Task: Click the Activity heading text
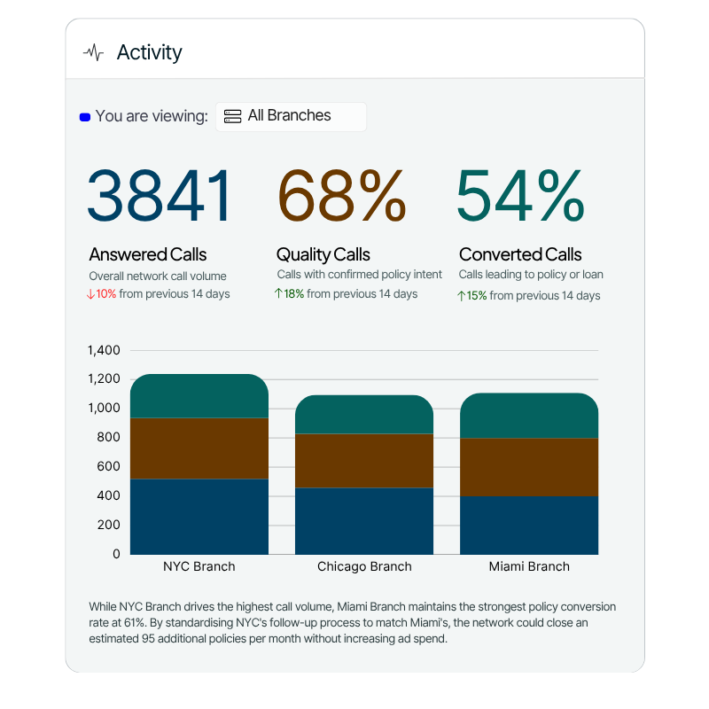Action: (149, 52)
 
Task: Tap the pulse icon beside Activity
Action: (93, 53)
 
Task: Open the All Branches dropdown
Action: (290, 116)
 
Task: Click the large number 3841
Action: (160, 196)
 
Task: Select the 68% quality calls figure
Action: (341, 196)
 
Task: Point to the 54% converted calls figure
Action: (520, 196)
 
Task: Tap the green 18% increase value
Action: (293, 294)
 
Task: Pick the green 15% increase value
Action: (476, 296)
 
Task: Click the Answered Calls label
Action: (148, 255)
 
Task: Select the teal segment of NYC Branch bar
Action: (199, 396)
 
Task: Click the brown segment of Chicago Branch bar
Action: (364, 461)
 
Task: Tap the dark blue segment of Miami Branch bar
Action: (529, 525)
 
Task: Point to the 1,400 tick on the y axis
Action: (104, 350)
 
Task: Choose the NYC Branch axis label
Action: (199, 566)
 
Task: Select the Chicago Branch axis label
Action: (364, 566)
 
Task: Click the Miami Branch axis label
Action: (529, 566)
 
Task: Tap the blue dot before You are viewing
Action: (85, 117)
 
